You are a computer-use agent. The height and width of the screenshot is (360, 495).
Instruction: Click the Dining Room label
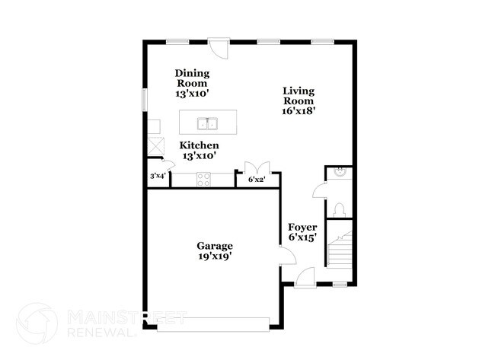coord(193,78)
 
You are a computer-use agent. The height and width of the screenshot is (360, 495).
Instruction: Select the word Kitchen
coord(200,145)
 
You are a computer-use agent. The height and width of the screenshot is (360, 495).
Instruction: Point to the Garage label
coord(215,246)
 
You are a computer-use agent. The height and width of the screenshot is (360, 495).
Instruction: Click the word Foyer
coord(302,227)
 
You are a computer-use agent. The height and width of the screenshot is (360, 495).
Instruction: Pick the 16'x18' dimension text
coord(299,110)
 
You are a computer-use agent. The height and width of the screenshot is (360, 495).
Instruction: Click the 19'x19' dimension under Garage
coord(215,256)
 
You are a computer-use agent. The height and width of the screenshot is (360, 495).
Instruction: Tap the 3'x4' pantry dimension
coord(158,177)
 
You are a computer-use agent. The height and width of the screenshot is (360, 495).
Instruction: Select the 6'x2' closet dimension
coord(257,180)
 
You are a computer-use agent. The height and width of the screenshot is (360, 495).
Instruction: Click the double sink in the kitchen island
coord(207,123)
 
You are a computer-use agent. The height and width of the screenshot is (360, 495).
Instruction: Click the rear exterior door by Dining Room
coord(219,48)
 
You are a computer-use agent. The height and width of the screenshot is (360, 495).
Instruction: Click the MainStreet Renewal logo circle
coord(37,323)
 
